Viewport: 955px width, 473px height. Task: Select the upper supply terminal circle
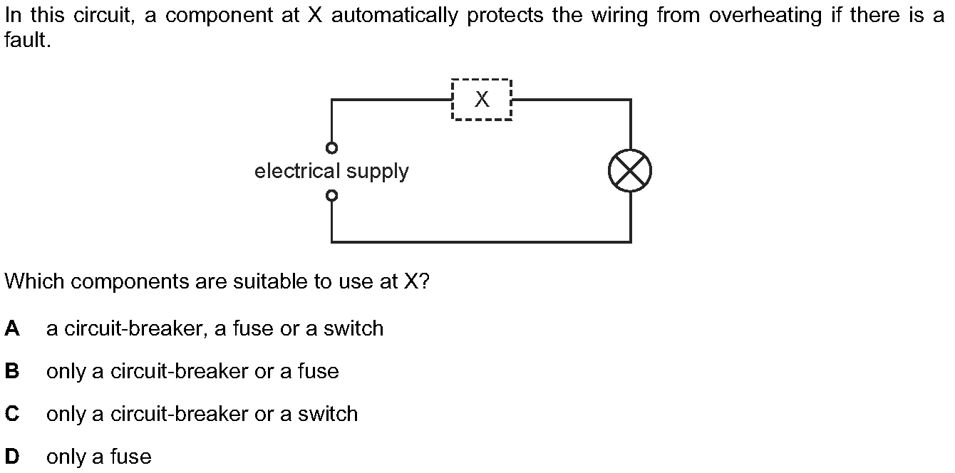331,148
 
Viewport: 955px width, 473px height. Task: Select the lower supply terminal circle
331,196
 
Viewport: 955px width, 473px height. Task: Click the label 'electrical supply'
331,172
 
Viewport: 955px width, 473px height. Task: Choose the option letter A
12,328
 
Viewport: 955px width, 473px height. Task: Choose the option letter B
12,370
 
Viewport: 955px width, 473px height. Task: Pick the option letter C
12,413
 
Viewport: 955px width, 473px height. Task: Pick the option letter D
12,457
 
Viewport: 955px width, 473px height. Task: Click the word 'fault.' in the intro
28,40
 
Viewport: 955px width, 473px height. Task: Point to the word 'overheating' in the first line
765,16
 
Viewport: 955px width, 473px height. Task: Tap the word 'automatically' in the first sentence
394,16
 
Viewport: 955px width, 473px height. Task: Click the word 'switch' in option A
353,328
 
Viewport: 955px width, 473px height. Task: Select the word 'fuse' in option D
131,457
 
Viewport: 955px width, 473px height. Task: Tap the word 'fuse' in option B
318,370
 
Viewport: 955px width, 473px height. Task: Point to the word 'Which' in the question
34,281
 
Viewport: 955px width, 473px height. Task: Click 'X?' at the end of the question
416,281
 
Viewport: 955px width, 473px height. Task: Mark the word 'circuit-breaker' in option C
179,413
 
